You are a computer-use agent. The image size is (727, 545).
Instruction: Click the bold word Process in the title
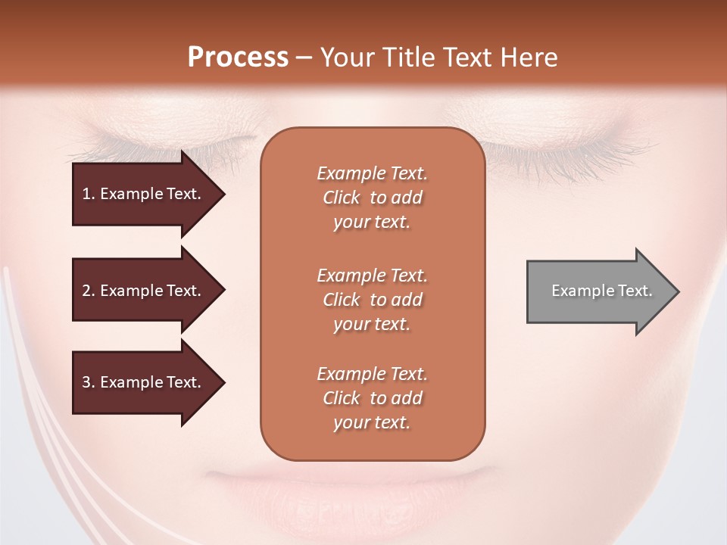[x=238, y=58]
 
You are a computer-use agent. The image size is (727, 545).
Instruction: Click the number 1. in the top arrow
[x=89, y=194]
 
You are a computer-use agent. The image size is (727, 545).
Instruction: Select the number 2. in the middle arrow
[x=89, y=291]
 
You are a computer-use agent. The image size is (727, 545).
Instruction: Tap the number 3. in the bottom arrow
[x=89, y=382]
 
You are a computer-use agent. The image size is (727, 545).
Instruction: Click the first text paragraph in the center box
[x=372, y=198]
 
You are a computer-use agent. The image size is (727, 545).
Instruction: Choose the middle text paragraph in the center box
[x=372, y=300]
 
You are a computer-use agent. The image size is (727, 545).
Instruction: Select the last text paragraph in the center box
[x=372, y=398]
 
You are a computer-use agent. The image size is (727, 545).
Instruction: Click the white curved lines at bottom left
[x=30, y=424]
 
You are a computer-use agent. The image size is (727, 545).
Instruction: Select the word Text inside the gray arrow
[x=635, y=291]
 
